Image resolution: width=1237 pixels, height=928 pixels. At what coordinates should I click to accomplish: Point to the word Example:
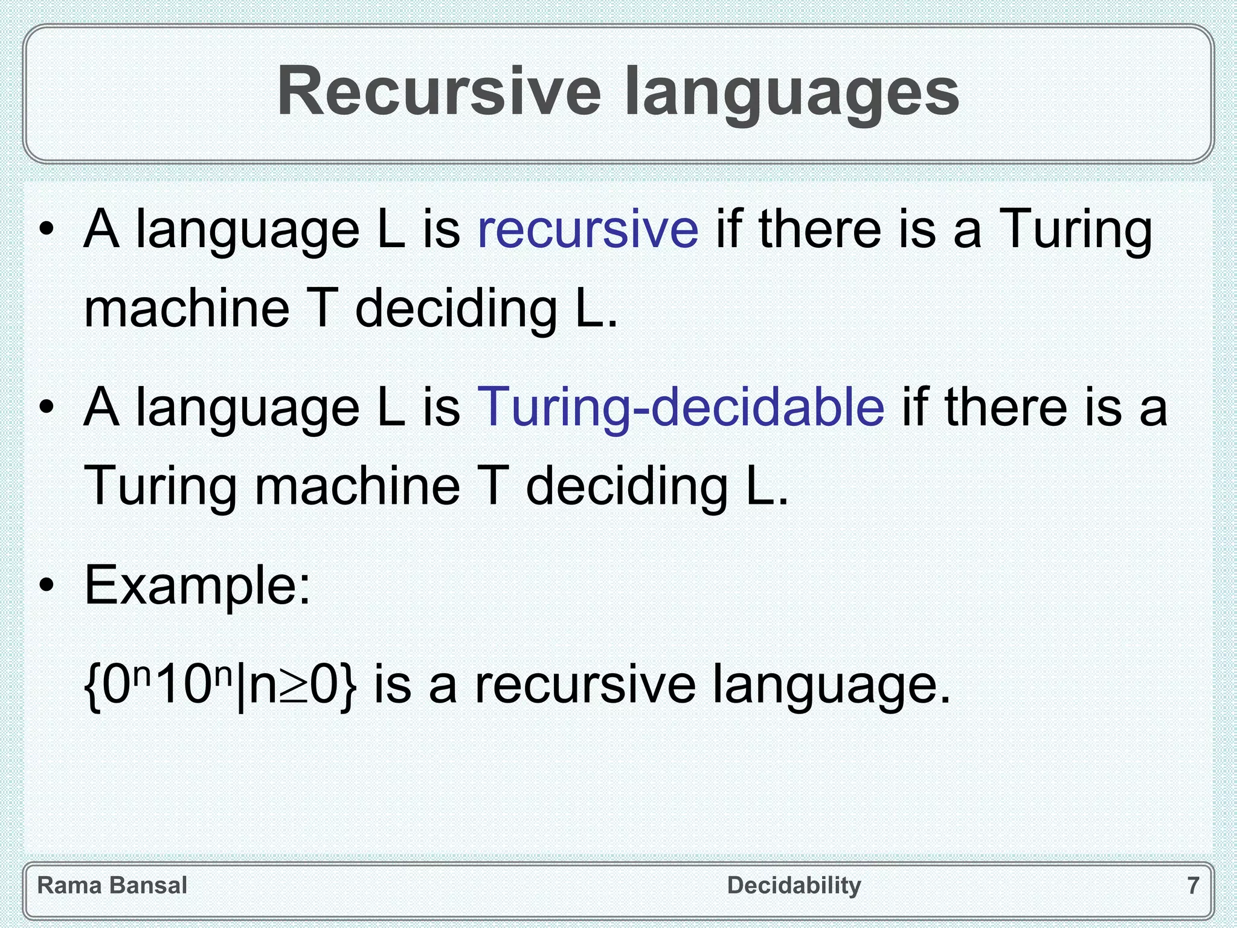pyautogui.click(x=198, y=585)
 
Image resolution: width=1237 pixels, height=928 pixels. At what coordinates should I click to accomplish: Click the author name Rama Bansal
pyautogui.click(x=112, y=886)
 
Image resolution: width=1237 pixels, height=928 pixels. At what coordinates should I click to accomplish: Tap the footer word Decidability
pyautogui.click(x=794, y=886)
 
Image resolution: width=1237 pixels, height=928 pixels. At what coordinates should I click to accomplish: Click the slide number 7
pyautogui.click(x=1193, y=886)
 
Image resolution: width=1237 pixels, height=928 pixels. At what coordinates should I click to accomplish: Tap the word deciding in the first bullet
pyautogui.click(x=455, y=309)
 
